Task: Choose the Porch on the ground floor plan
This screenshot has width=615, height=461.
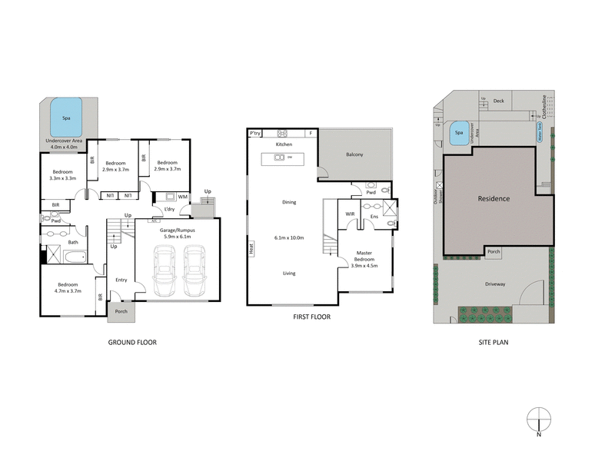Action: [x=121, y=311]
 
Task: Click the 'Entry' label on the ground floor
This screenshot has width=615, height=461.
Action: [x=121, y=280]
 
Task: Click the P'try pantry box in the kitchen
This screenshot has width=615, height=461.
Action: [x=255, y=134]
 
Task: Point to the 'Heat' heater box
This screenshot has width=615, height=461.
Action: [x=251, y=248]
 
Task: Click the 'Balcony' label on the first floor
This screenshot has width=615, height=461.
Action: [x=354, y=154]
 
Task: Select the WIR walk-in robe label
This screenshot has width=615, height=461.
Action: [x=350, y=214]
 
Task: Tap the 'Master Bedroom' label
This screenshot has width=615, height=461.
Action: [x=365, y=256]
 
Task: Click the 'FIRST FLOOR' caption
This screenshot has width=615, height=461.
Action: [x=311, y=317]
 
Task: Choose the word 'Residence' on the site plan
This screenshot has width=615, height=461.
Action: [x=494, y=198]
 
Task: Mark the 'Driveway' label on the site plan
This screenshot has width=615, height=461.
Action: [x=495, y=284]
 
